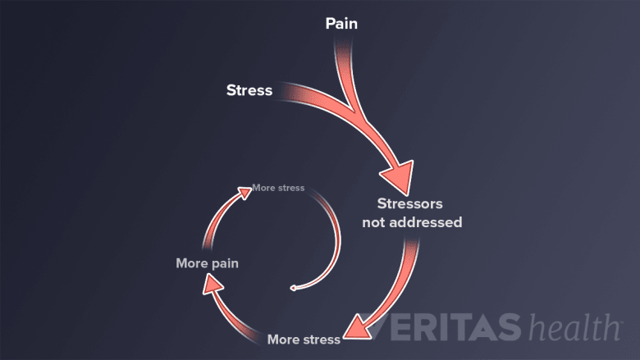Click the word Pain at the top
[341, 24]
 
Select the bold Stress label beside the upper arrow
[249, 90]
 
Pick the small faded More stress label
[279, 188]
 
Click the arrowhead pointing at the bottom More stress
[354, 328]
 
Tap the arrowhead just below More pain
[210, 284]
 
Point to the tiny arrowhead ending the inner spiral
[293, 288]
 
